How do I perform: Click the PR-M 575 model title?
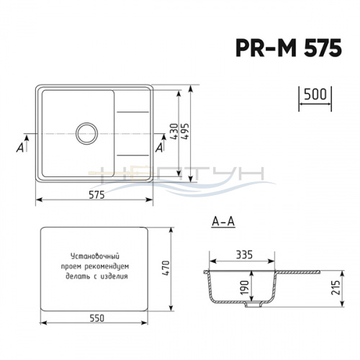point(289,48)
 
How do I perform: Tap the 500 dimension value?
point(315,94)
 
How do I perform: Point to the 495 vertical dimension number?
point(186,131)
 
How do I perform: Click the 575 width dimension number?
point(97,195)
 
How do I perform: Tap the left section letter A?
point(20,147)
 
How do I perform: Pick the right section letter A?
point(159,147)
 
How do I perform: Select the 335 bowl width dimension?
point(244,255)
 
